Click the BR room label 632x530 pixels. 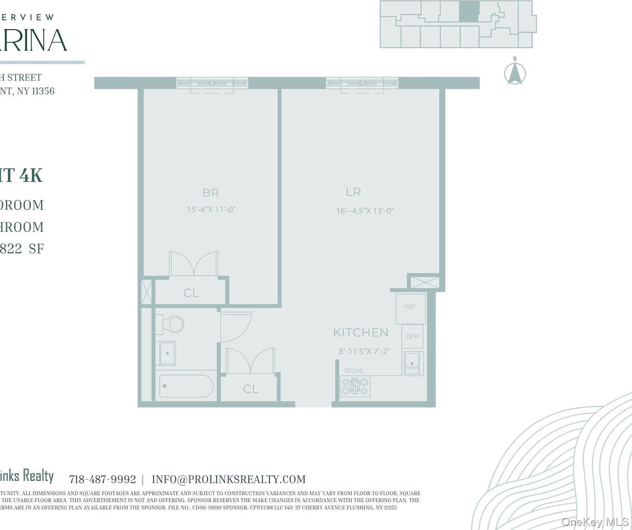click(211, 193)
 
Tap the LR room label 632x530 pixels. click(353, 192)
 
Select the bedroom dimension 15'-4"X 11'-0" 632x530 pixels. click(211, 210)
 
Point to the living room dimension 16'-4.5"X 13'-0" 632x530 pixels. click(365, 211)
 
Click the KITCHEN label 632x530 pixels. click(361, 332)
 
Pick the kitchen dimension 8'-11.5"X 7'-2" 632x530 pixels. click(364, 351)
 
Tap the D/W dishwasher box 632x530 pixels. click(412, 336)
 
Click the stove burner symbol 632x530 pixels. click(355, 386)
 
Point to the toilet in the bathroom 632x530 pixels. click(171, 324)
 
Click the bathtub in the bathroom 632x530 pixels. click(186, 386)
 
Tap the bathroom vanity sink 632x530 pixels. click(167, 353)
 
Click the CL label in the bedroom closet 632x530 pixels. click(191, 293)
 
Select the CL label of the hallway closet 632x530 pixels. click(250, 389)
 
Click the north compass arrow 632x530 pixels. click(515, 73)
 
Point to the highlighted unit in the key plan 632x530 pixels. click(469, 11)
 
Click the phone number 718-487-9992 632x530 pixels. click(102, 480)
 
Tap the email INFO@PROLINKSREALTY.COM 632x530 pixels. click(228, 480)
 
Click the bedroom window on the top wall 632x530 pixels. click(212, 83)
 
